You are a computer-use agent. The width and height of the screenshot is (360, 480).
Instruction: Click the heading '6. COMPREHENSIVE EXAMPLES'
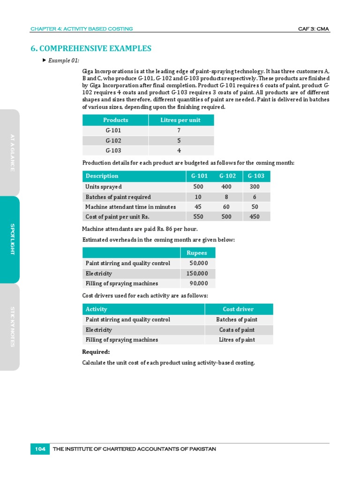pyautogui.click(x=91, y=48)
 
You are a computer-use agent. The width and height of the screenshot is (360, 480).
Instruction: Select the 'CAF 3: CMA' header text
pyautogui.click(x=314, y=29)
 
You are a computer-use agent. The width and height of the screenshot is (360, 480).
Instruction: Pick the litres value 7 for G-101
pyautogui.click(x=179, y=130)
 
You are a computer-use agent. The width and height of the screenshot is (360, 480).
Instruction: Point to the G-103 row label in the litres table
pyautogui.click(x=113, y=150)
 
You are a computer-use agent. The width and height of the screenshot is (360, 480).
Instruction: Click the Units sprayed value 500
pyautogui.click(x=198, y=187)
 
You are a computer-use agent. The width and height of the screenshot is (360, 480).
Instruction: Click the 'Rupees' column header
pyautogui.click(x=197, y=253)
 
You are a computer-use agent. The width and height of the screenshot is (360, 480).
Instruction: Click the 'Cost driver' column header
pyautogui.click(x=238, y=309)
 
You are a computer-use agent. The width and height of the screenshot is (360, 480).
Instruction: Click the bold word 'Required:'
pyautogui.click(x=96, y=352)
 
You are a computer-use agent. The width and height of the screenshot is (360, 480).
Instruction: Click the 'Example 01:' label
pyautogui.click(x=63, y=60)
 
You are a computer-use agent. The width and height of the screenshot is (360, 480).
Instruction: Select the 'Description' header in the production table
pyautogui.click(x=102, y=176)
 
